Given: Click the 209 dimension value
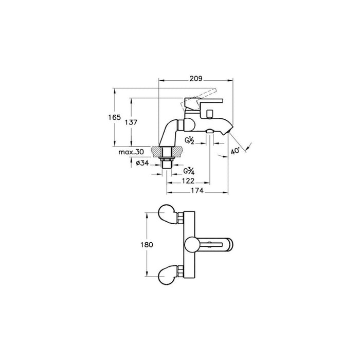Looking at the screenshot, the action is click(x=196, y=79).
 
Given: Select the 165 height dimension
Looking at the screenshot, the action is click(x=114, y=117).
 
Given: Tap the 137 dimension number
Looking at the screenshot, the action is click(x=131, y=122).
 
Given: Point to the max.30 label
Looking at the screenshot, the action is click(x=131, y=152).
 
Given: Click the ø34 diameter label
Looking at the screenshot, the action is click(x=142, y=163).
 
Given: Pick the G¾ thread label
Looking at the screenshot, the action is click(x=189, y=171).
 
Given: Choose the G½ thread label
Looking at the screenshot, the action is click(x=189, y=140).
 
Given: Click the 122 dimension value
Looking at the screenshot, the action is click(x=188, y=181).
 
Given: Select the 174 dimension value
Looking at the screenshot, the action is click(x=197, y=191).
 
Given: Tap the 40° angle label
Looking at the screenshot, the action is click(x=236, y=151).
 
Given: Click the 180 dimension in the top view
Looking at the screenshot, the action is click(x=147, y=245).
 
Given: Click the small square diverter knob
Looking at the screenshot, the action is click(x=210, y=114).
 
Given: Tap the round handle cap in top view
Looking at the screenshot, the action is click(x=191, y=244).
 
